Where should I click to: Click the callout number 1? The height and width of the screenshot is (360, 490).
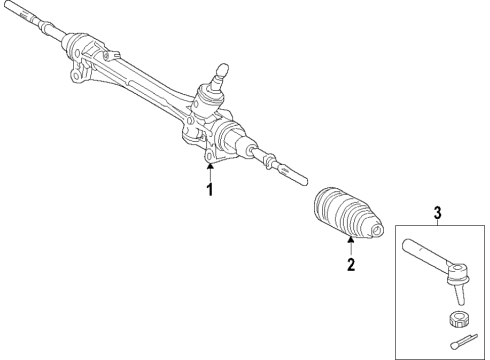[210, 189]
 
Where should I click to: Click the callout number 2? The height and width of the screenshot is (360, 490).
[351, 265]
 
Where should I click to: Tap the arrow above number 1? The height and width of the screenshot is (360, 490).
[210, 170]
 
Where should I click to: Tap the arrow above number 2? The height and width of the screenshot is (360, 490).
[351, 247]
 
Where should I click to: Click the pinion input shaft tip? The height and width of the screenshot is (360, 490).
[225, 68]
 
